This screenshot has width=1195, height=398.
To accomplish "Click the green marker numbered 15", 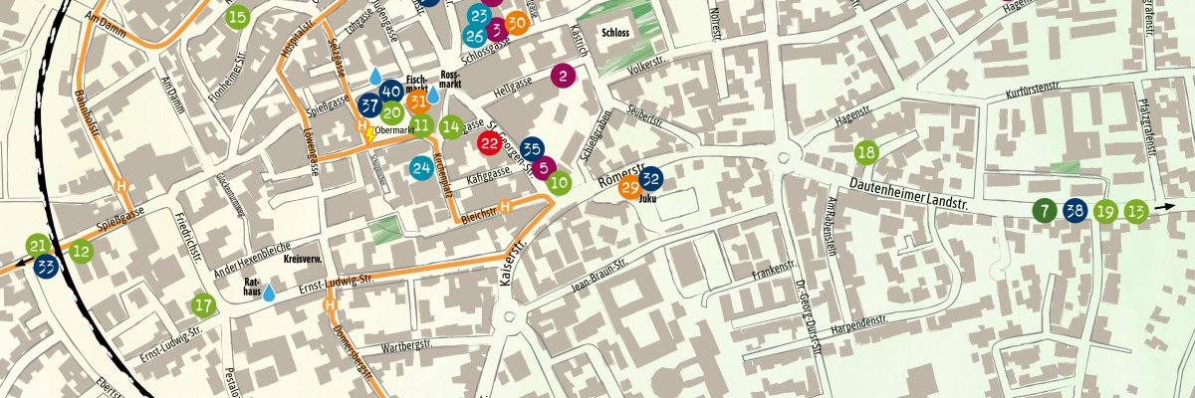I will [x=237, y=17].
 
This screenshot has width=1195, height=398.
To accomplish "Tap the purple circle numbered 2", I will [x=564, y=76].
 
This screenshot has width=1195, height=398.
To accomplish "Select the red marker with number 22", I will [x=489, y=143].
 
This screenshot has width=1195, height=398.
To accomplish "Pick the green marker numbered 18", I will [x=866, y=152].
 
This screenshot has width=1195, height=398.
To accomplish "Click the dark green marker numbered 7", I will [x=1043, y=210].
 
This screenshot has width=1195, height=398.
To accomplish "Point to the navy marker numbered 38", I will [x=1075, y=210].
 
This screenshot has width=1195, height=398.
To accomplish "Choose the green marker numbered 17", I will [x=203, y=305].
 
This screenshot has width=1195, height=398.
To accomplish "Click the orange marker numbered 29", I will [x=629, y=188].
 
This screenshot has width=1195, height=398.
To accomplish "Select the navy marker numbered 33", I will [x=46, y=267].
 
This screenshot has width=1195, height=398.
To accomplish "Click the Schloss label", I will [x=615, y=32].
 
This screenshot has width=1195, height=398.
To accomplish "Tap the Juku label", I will [x=647, y=198].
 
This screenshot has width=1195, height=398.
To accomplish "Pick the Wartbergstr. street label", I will [x=408, y=347].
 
